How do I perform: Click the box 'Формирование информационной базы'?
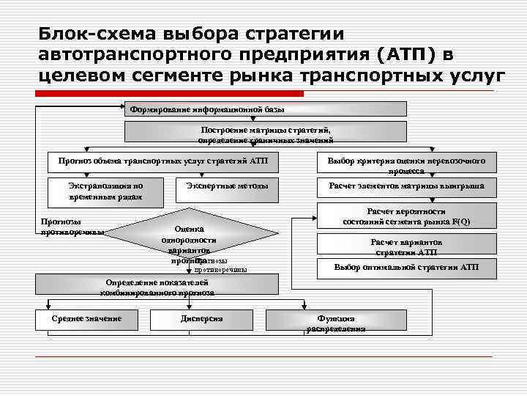pos(266,109)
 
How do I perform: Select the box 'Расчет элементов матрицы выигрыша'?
pos(406,188)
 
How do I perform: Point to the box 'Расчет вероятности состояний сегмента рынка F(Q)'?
pos(406,216)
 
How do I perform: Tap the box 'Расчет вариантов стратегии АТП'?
pos(406,245)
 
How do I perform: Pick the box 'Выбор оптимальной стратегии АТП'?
pos(406,268)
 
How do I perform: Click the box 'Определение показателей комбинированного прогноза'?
pos(157,286)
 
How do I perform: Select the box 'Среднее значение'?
pos(86,319)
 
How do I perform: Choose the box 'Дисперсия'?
pos(201,319)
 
